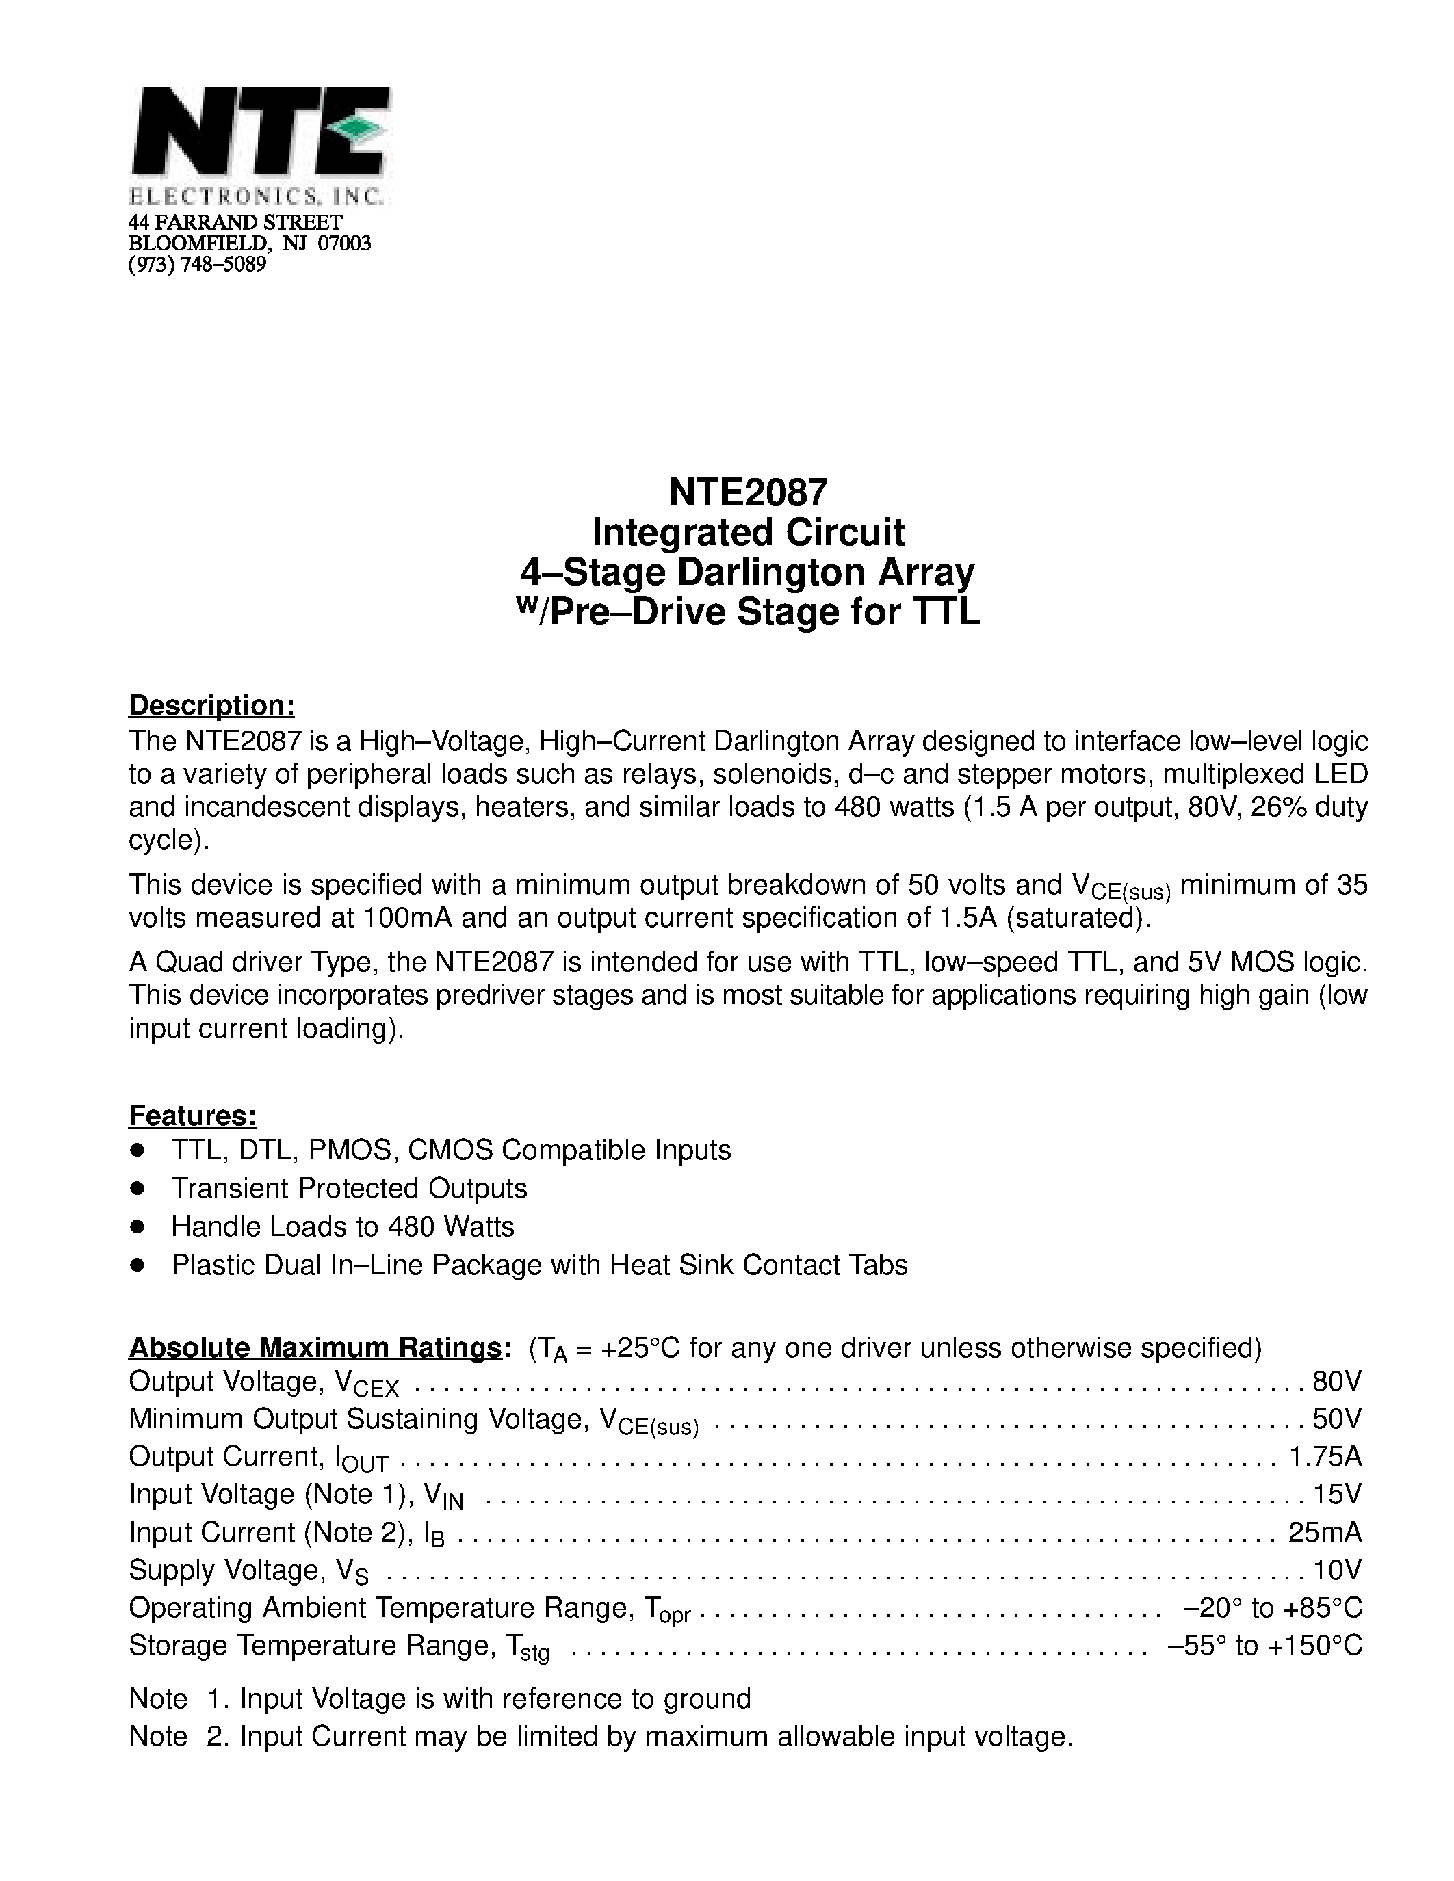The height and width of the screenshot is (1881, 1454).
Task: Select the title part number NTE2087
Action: pos(748,492)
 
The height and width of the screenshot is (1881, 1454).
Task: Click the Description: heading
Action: pos(212,705)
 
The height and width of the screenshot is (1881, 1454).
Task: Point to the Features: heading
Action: pos(192,1116)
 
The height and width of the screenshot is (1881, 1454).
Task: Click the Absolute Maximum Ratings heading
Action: pos(314,1347)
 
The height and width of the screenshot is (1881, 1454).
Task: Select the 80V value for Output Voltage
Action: pos(1337,1382)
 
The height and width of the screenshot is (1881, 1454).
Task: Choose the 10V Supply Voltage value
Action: pos(1337,1570)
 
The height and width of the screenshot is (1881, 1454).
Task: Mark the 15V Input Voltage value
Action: pos(1337,1495)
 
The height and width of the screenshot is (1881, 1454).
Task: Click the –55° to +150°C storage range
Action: pos(1264,1646)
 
